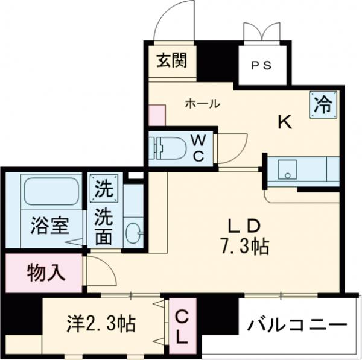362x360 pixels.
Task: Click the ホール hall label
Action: (202, 104)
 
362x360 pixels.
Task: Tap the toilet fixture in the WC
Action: (171, 149)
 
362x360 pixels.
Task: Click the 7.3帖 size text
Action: (244, 245)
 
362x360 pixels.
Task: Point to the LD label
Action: (244, 226)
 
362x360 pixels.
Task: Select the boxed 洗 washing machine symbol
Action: (103, 189)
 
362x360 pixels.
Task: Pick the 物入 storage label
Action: (45, 273)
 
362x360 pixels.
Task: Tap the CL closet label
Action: (182, 326)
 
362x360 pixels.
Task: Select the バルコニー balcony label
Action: (297, 324)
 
